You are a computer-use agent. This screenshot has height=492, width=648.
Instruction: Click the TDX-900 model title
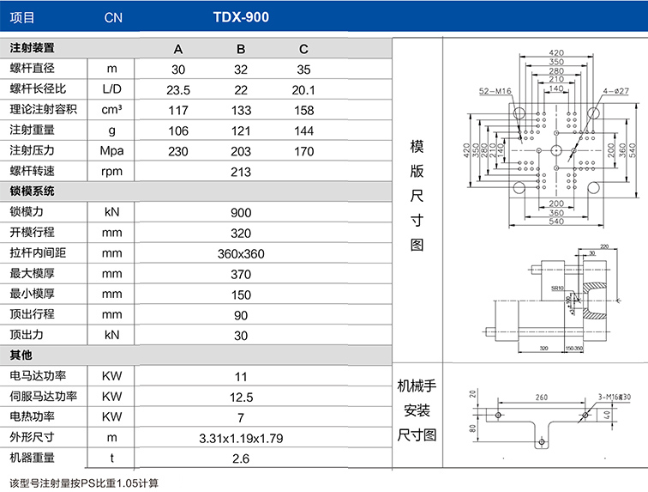tap(241, 16)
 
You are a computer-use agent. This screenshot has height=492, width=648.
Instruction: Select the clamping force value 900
tap(241, 212)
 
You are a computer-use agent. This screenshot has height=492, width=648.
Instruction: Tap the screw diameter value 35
tap(304, 70)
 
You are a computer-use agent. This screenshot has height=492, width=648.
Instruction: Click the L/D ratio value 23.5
tap(178, 89)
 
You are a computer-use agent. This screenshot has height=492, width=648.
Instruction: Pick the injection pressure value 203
tap(241, 151)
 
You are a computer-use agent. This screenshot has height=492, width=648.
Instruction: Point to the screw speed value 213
tap(241, 171)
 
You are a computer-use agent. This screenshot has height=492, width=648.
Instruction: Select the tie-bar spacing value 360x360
tap(241, 253)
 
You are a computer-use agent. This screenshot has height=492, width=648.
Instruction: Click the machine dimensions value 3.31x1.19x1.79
tap(241, 438)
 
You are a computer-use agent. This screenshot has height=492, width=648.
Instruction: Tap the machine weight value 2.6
tap(241, 459)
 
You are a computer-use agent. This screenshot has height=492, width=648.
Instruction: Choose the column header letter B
tap(241, 49)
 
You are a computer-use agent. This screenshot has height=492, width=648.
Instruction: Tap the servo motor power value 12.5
tap(241, 397)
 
